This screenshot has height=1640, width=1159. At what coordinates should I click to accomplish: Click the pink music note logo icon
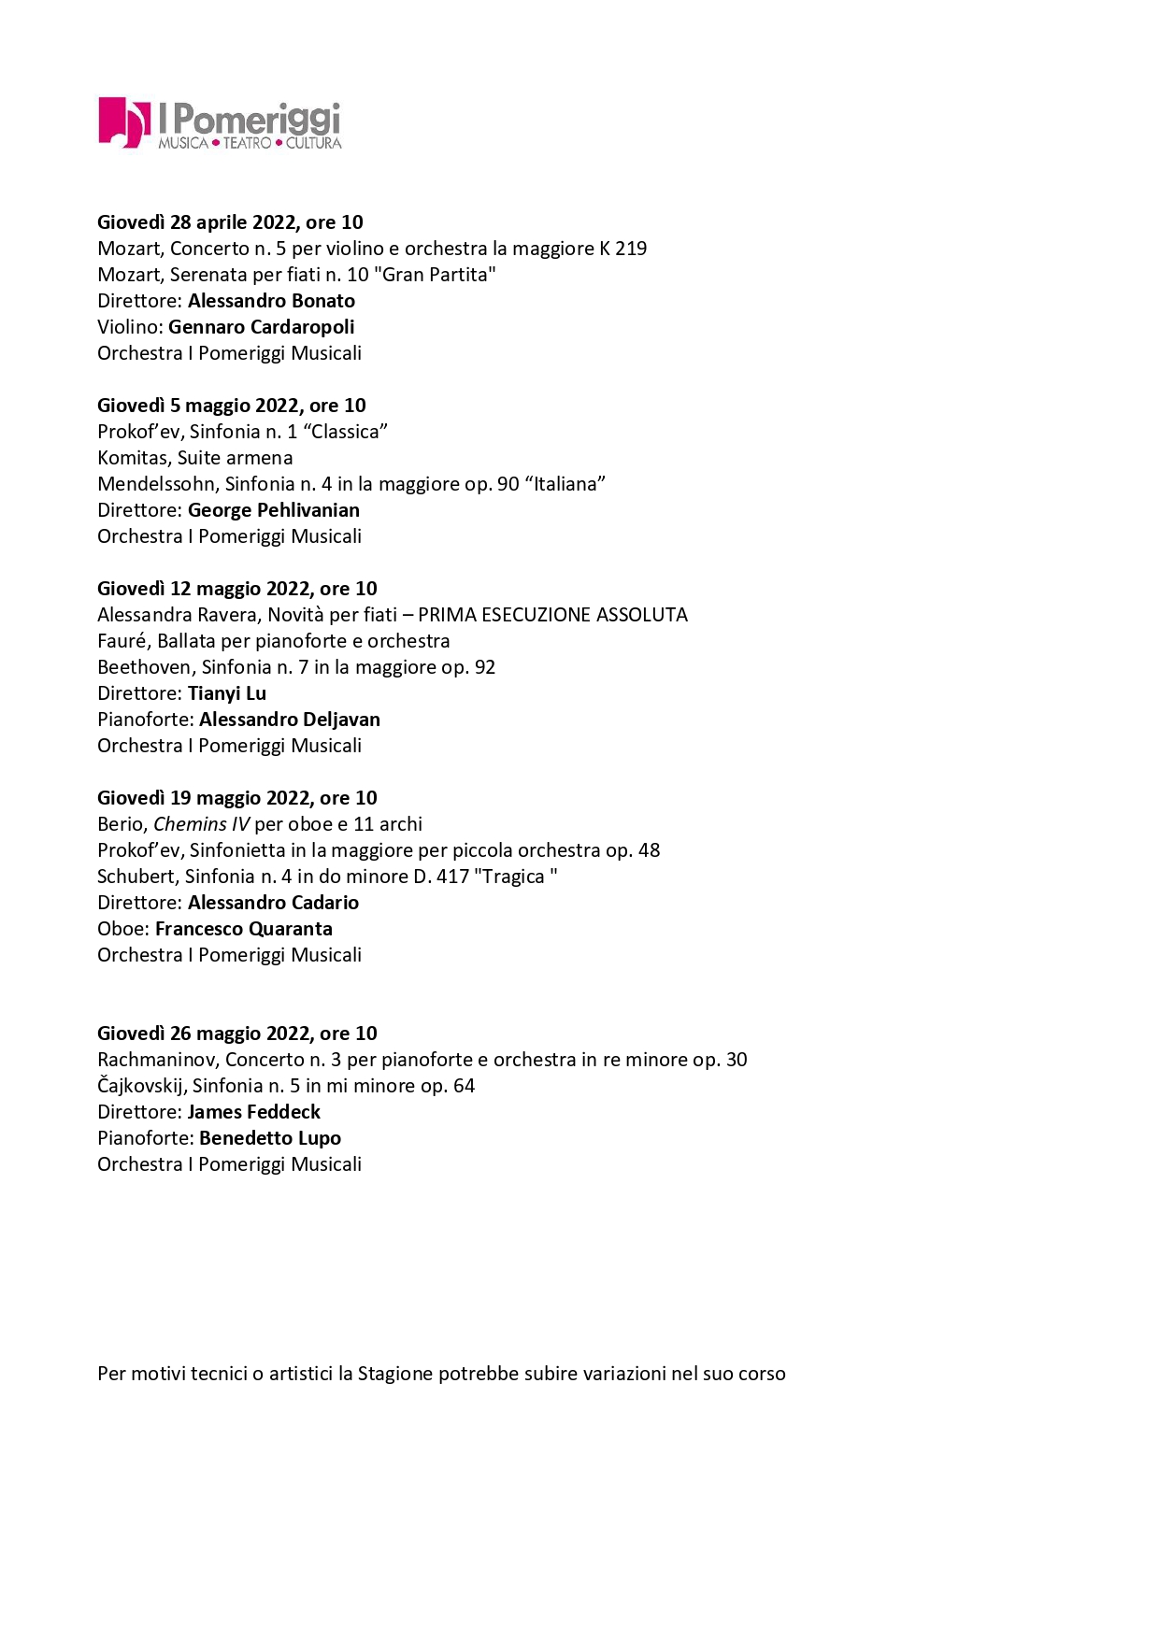pos(123,122)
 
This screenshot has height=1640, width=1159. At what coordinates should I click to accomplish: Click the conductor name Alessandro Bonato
pos(271,301)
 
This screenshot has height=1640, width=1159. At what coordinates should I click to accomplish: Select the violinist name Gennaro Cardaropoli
pos(261,327)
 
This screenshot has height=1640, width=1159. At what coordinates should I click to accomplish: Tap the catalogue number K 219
pos(622,249)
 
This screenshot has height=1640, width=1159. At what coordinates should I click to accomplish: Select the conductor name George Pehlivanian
pos(273,510)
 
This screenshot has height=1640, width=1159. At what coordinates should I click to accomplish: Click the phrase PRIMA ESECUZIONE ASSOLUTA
pos(552,615)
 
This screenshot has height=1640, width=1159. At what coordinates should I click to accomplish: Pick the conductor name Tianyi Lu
pos(227,693)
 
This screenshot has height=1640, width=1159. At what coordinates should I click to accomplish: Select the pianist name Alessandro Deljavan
pos(290,720)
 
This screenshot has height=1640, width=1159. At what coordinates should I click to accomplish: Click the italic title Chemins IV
pos(201,824)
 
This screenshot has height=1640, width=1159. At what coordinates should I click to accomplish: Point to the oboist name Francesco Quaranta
pos(243,929)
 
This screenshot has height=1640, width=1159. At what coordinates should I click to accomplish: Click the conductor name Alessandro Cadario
pos(273,903)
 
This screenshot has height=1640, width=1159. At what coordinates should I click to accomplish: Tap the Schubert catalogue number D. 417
pos(441,877)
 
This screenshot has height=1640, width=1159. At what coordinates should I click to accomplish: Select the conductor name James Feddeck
pos(253,1112)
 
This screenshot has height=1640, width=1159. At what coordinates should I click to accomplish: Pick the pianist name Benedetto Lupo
pos(270,1138)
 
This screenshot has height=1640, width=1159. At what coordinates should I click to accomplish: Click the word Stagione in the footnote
pos(395,1374)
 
